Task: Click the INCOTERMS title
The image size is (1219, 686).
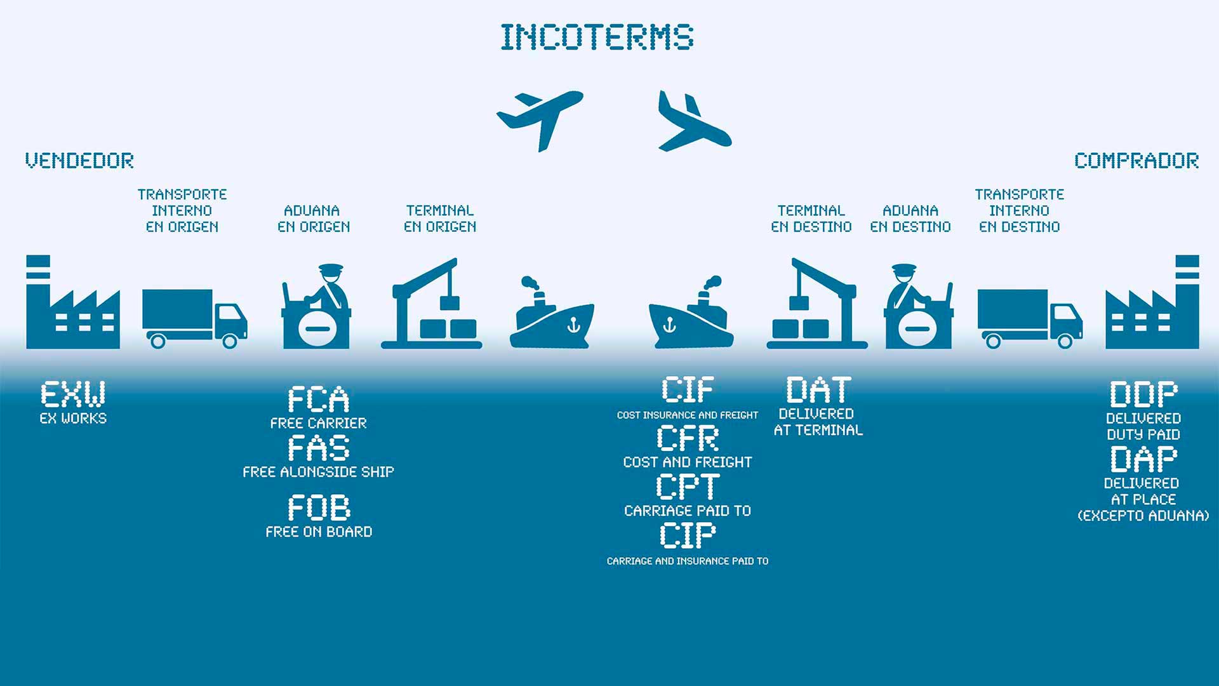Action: point(597,37)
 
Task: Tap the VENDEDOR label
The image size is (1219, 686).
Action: point(79,161)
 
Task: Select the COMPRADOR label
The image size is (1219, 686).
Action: point(1136,161)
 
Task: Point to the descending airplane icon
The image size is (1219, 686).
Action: point(695,121)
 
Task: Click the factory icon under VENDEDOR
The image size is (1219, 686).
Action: point(73,302)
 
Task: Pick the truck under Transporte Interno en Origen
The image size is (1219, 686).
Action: point(195,318)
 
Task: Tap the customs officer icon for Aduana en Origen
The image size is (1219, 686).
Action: point(316,306)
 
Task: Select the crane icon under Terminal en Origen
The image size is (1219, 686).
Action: point(431,303)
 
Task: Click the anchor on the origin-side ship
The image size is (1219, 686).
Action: point(573,325)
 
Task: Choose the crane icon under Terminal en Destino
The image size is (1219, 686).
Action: point(817,303)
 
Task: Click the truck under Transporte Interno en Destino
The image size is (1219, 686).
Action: point(1030,318)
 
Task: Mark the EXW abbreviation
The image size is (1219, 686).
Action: point(73,394)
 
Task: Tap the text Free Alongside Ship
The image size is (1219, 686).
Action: point(319,472)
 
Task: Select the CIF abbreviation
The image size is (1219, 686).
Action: point(688,389)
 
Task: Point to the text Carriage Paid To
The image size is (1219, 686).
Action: point(688,511)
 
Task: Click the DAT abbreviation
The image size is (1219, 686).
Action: point(818,389)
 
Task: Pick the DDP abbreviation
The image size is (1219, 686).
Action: point(1143,394)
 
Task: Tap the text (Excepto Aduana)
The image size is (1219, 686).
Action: point(1143,516)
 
